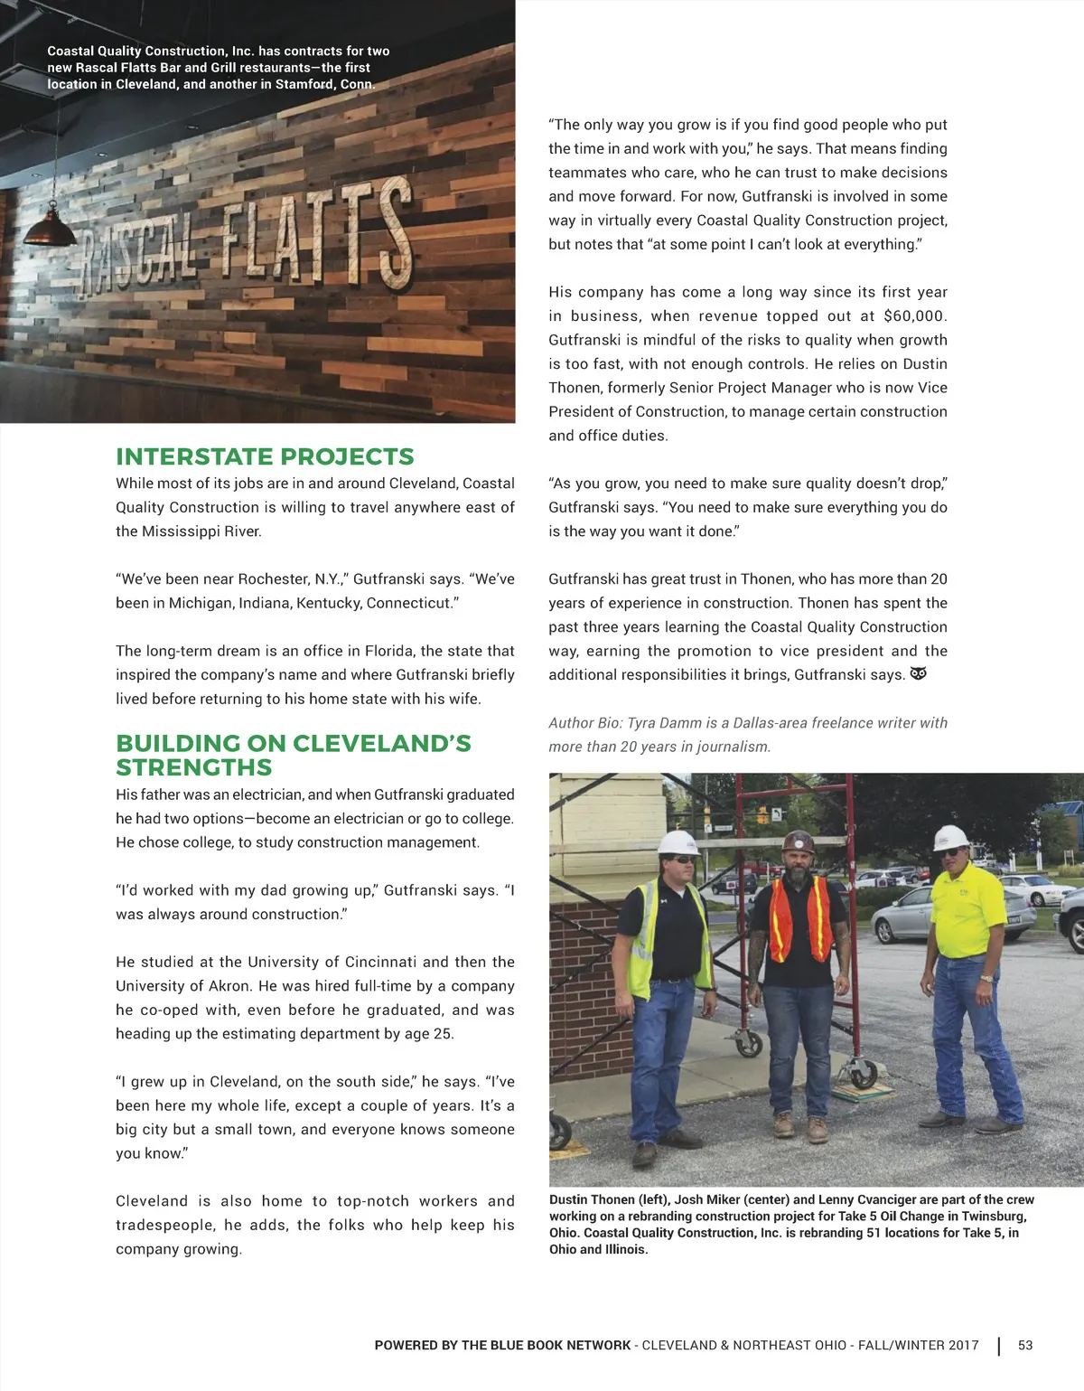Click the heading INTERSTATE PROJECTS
(x=265, y=456)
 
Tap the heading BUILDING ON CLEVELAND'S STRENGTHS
(x=293, y=755)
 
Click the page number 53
(x=1025, y=1345)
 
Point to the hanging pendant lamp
(x=50, y=228)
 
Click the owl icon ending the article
(x=919, y=674)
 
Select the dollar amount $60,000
(x=914, y=316)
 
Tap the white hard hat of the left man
(x=677, y=842)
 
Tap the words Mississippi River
(x=201, y=531)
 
